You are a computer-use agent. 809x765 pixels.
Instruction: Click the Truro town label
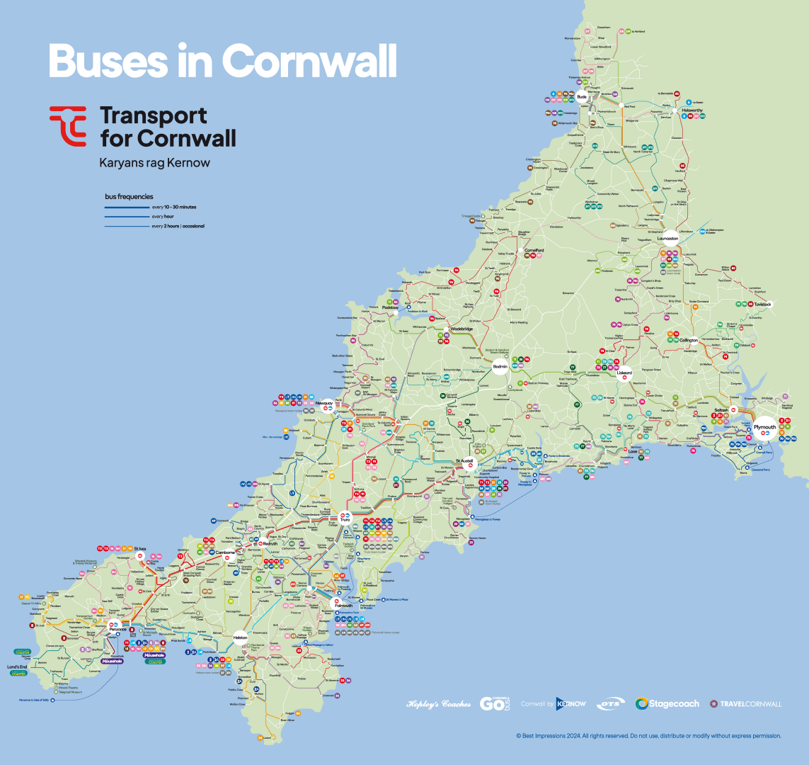345,521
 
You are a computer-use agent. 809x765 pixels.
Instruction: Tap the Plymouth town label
764,427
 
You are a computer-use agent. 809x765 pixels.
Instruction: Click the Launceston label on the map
667,239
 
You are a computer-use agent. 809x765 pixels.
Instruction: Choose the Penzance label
117,630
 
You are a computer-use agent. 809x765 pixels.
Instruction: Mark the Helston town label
240,638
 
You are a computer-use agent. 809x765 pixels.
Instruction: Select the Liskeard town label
624,372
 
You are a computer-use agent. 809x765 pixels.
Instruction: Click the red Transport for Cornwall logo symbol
68,125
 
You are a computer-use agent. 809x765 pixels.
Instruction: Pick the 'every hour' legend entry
163,216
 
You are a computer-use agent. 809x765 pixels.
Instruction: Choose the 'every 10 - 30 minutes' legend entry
174,207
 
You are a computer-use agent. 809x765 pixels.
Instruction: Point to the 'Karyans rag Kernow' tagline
155,163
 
